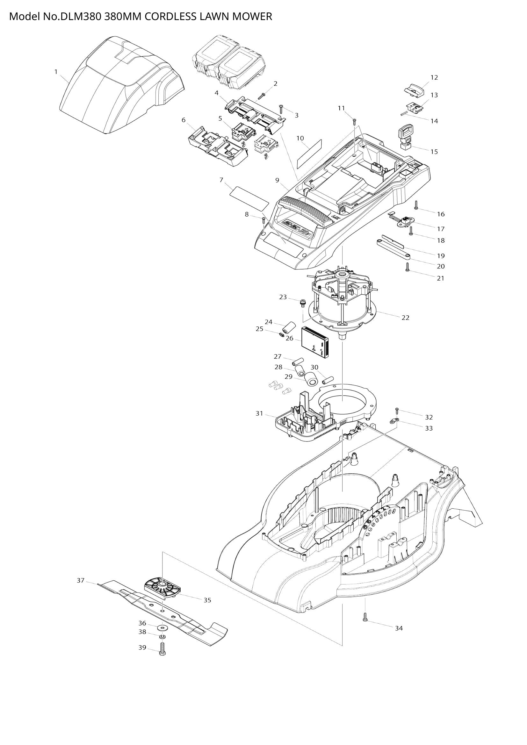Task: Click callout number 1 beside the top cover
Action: tap(56, 72)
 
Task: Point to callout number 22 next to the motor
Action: tap(405, 318)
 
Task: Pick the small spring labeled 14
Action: tap(404, 113)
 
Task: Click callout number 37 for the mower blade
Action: tap(81, 580)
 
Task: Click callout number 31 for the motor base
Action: tap(259, 413)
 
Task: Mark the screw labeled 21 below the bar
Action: tap(408, 268)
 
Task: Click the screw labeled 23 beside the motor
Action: tap(302, 303)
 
